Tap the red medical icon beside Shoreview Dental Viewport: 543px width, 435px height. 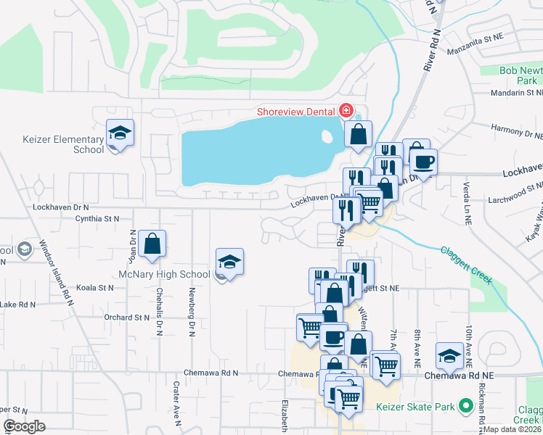[x=346, y=111]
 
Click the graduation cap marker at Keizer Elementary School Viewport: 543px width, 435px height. [x=120, y=133]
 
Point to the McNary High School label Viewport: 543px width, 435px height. [x=164, y=274]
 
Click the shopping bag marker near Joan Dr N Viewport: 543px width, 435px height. [x=152, y=244]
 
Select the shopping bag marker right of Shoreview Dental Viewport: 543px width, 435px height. [x=358, y=134]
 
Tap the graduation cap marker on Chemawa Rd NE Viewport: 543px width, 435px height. [x=450, y=356]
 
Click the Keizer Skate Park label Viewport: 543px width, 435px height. [x=415, y=407]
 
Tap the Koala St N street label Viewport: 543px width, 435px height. [x=96, y=288]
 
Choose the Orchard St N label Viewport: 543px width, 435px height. [x=126, y=317]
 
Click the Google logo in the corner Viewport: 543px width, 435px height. [x=23, y=426]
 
